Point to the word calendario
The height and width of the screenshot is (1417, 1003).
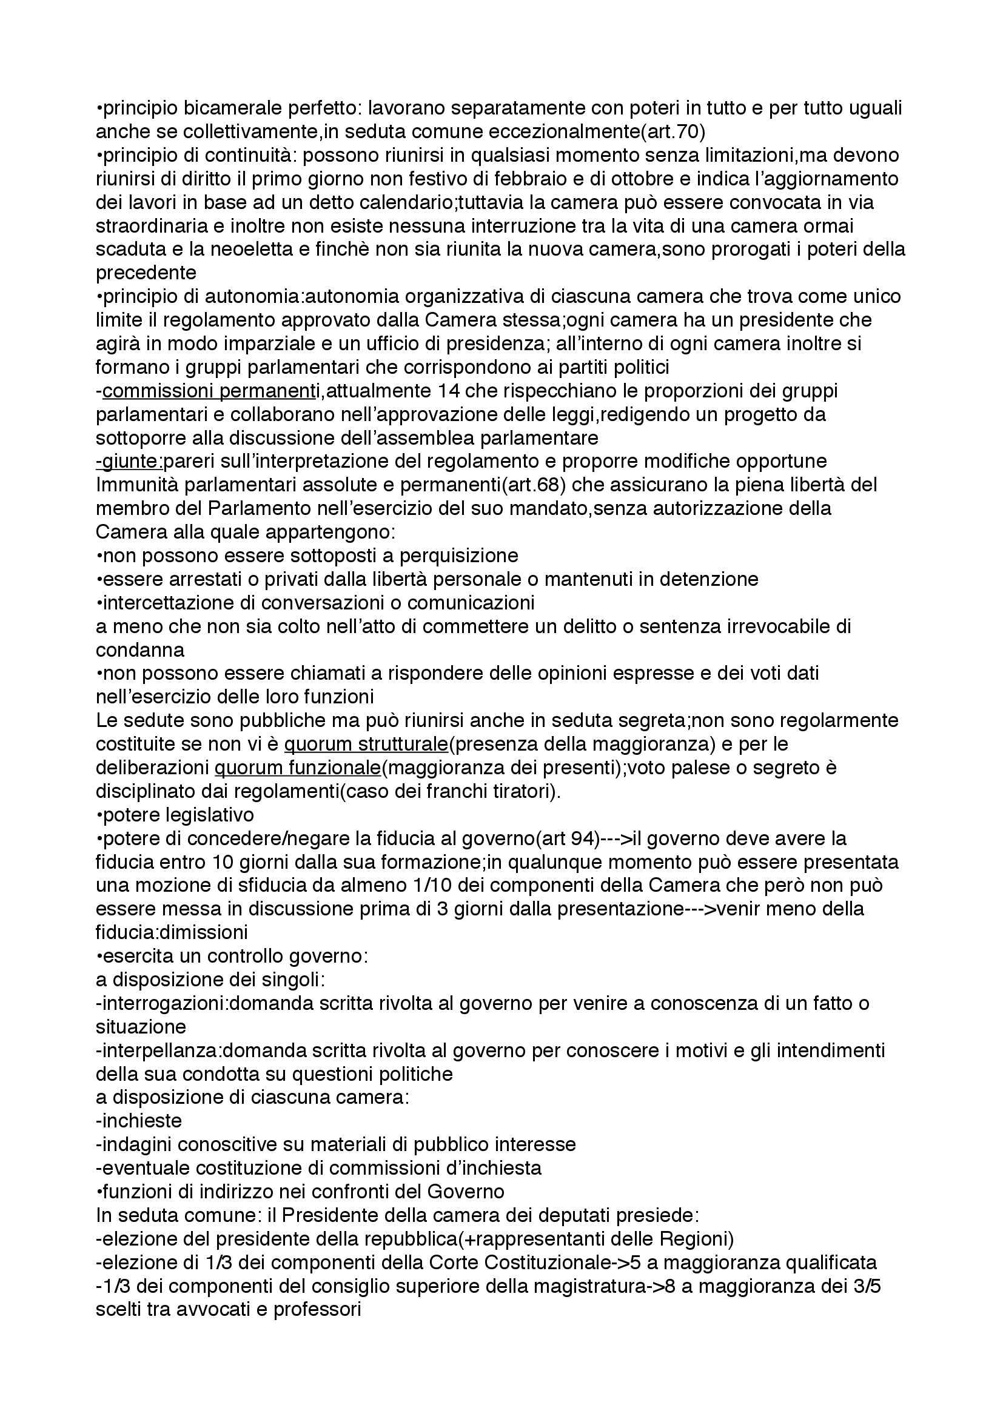click(387, 203)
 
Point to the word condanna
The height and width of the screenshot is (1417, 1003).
click(139, 650)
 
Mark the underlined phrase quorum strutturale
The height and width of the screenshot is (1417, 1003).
click(366, 745)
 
